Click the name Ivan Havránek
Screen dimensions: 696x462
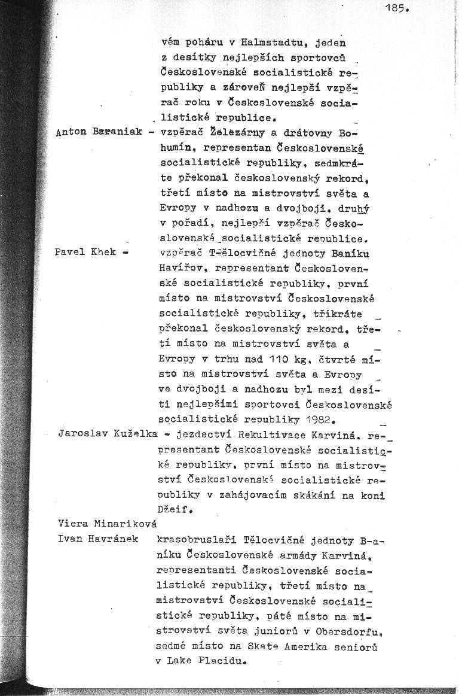point(98,539)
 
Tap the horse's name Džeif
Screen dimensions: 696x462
point(177,510)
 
